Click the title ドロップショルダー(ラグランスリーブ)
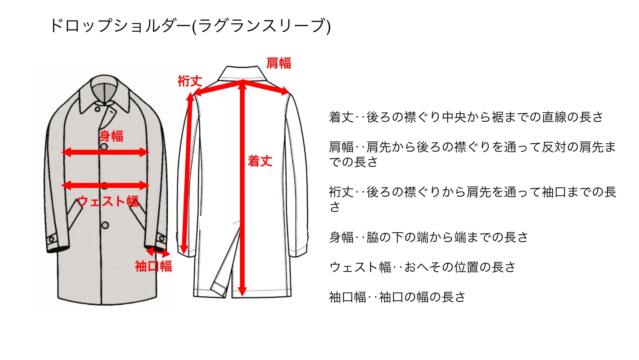(190, 26)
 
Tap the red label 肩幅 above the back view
(278, 63)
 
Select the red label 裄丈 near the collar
(190, 81)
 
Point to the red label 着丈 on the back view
(260, 161)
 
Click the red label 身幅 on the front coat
(111, 136)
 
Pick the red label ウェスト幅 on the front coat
(108, 201)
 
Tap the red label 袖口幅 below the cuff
(153, 266)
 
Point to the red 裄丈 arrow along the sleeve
(187, 173)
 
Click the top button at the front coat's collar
(98, 109)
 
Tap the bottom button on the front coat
(105, 225)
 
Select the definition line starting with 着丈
(466, 117)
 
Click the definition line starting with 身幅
(428, 237)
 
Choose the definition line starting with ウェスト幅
(422, 267)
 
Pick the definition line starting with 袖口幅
(397, 297)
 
